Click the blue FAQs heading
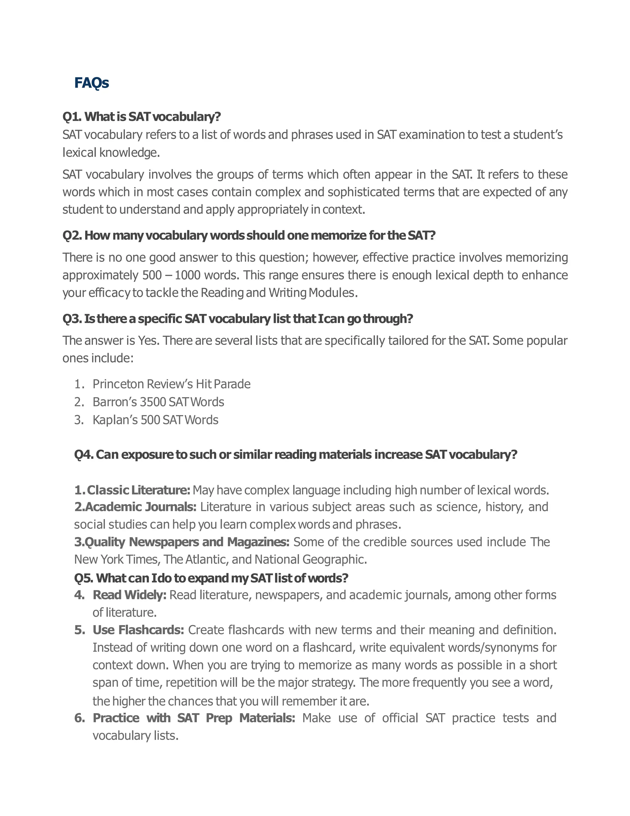(91, 83)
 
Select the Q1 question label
(72, 117)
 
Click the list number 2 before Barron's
(78, 402)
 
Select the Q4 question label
(84, 455)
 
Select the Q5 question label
(84, 578)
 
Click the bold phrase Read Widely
(129, 595)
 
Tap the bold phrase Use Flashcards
(138, 630)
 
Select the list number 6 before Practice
(79, 718)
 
